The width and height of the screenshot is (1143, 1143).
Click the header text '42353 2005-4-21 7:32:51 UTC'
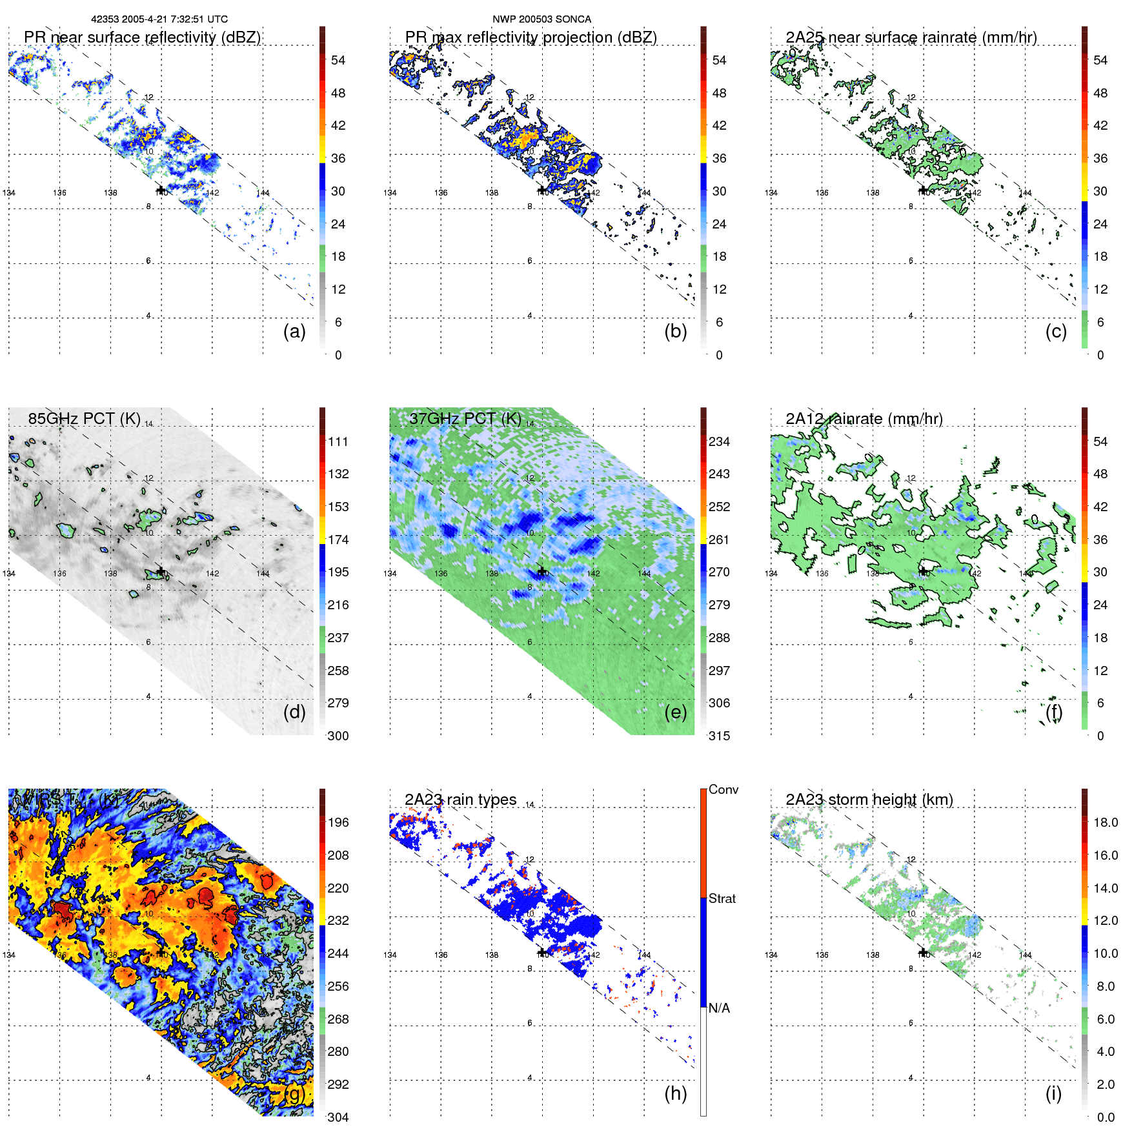tap(159, 19)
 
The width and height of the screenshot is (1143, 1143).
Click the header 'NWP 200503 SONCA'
tap(541, 19)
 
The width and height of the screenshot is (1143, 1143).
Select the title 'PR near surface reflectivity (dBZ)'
tap(142, 37)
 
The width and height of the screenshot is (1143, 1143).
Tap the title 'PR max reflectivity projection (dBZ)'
tap(531, 37)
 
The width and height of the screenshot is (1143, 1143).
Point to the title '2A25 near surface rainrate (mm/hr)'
tap(911, 37)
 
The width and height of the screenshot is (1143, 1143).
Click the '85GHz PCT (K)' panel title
tap(84, 418)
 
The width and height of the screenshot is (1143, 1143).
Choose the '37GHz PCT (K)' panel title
tap(465, 418)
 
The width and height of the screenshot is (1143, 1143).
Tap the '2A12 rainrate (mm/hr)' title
tap(864, 419)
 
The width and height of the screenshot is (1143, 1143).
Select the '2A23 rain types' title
tap(460, 800)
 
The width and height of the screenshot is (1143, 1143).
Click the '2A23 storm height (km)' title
tap(869, 800)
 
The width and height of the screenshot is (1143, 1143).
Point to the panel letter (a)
tap(294, 331)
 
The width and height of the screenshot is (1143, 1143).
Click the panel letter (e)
tap(675, 712)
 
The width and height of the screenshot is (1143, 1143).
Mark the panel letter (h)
tap(675, 1093)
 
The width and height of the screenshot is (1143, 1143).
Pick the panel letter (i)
tap(1053, 1093)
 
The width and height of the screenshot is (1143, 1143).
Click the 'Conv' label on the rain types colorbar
tap(723, 789)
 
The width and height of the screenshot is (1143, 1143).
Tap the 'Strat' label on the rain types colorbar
tap(722, 898)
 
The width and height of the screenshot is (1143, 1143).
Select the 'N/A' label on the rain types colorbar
tap(719, 1008)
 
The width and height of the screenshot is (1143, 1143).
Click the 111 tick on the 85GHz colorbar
tap(338, 441)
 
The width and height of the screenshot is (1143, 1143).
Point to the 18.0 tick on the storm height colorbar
tap(1106, 822)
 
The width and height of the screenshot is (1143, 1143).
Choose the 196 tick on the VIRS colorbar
tap(338, 822)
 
